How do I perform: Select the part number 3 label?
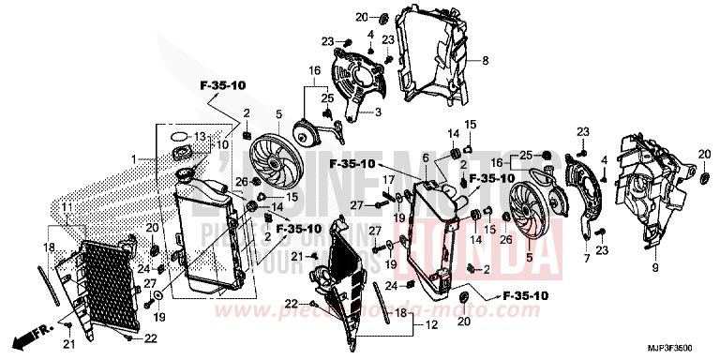click(378, 112)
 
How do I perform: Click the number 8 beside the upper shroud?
click(486, 62)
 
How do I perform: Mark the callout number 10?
click(223, 145)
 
